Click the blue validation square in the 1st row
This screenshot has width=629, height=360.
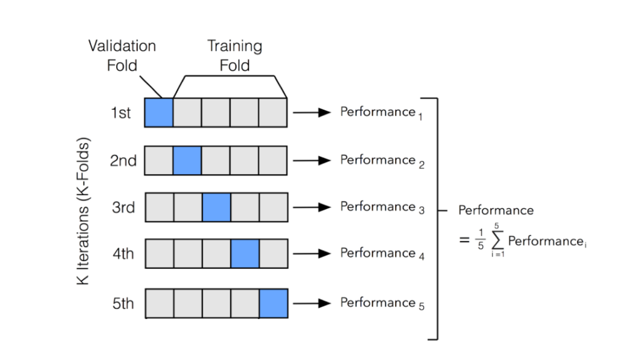click(x=159, y=112)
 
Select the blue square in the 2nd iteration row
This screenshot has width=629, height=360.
click(x=187, y=160)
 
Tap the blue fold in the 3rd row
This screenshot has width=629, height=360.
click(x=216, y=207)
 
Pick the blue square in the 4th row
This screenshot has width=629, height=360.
click(x=245, y=254)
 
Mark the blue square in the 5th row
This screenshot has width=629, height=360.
click(x=273, y=303)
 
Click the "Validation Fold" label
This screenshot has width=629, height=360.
click(x=122, y=55)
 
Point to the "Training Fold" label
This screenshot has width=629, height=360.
click(x=234, y=55)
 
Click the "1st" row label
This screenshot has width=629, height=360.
click(x=121, y=113)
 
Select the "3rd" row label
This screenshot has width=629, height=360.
click(x=123, y=207)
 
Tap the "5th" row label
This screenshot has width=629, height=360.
click(x=123, y=304)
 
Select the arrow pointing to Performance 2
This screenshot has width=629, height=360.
click(x=311, y=160)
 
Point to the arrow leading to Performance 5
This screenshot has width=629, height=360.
click(x=311, y=304)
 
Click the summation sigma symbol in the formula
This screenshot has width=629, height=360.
click(x=495, y=242)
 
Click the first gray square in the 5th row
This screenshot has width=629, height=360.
click(x=159, y=303)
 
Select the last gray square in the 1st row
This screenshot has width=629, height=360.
click(x=273, y=112)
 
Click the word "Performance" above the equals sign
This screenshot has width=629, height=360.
click(x=495, y=211)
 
